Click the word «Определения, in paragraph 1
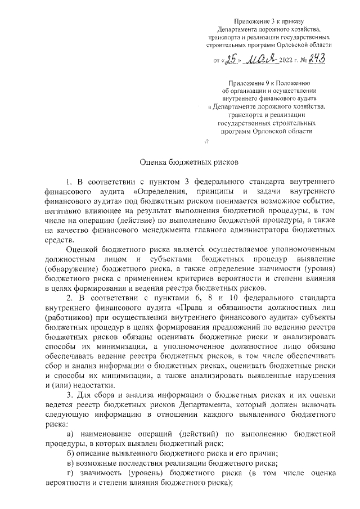tap(160, 192)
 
